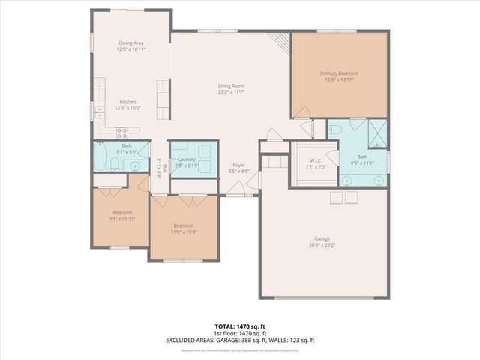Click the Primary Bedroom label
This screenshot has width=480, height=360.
pyautogui.click(x=339, y=73)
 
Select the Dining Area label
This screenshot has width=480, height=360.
pyautogui.click(x=130, y=43)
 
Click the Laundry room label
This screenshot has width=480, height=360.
pyautogui.click(x=186, y=160)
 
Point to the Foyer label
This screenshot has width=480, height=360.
pyautogui.click(x=238, y=165)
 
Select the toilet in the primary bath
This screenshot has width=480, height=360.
pyautogui.click(x=337, y=129)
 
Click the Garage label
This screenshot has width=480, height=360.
pyautogui.click(x=322, y=238)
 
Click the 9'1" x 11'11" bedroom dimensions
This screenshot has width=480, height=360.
pyautogui.click(x=121, y=220)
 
